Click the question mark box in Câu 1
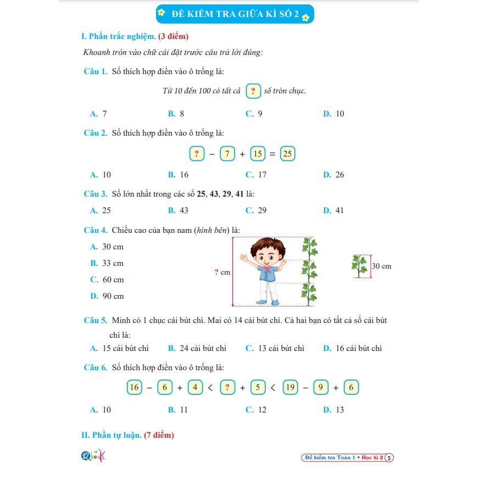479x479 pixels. coord(253,91)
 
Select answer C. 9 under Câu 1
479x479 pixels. coord(254,114)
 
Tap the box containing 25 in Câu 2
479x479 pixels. coord(287,153)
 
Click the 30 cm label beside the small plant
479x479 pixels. coord(382,266)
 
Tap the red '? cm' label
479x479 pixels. coord(222,272)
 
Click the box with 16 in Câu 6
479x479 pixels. coord(134,387)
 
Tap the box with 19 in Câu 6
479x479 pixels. coord(290,387)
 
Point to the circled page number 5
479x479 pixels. coord(389,457)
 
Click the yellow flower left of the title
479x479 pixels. coord(161,12)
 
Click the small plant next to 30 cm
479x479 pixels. coord(359,266)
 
